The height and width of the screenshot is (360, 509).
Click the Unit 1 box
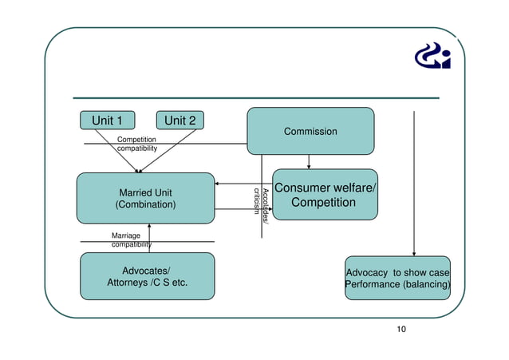[108, 121]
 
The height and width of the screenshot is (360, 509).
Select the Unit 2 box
[180, 121]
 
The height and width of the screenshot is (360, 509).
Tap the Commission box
[310, 131]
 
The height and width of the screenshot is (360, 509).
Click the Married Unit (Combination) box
[145, 198]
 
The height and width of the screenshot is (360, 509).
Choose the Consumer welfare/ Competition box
[325, 195]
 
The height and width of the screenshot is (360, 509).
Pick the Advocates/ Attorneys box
[148, 276]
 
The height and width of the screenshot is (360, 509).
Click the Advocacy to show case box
[397, 278]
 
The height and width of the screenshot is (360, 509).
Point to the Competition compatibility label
[136, 144]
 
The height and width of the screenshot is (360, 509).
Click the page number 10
[401, 330]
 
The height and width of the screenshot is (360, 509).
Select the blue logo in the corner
[433, 56]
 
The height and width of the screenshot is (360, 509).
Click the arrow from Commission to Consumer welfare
[309, 161]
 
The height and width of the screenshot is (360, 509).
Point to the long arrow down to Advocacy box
[413, 184]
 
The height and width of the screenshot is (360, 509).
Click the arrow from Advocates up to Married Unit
[149, 238]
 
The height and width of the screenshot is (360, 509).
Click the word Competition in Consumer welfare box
[323, 203]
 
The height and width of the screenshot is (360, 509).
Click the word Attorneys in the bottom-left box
[132, 283]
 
